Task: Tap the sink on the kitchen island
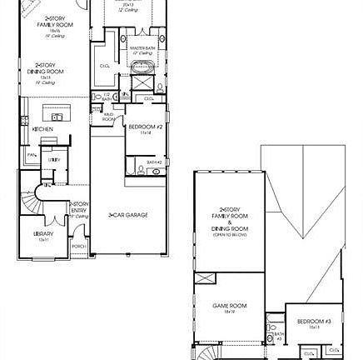(57, 117)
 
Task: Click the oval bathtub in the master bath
(140, 67)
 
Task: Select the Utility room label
(53, 159)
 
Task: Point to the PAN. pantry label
(32, 155)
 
